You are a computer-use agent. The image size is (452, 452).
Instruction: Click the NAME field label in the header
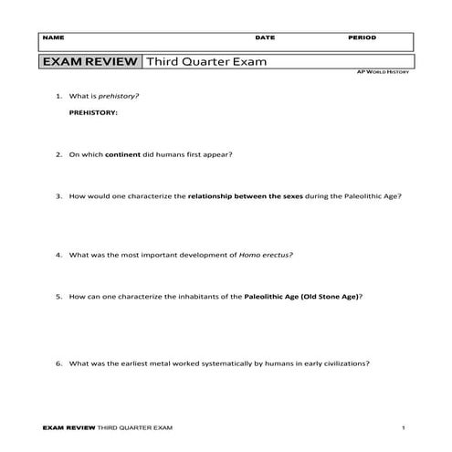click(x=53, y=38)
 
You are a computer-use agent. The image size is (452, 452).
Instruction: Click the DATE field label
click(x=265, y=38)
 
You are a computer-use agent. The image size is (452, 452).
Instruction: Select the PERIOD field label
click(x=362, y=38)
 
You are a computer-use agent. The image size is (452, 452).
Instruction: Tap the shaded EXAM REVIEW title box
click(x=89, y=61)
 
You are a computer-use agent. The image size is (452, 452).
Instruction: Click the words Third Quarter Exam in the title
click(x=198, y=61)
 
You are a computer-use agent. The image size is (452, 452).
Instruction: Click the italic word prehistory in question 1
click(x=123, y=95)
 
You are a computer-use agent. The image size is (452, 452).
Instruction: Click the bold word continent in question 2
click(x=123, y=153)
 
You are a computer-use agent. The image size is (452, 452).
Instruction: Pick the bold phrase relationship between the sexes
click(x=240, y=195)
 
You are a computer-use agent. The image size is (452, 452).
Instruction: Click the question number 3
click(x=58, y=195)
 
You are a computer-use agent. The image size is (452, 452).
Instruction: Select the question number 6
click(x=58, y=363)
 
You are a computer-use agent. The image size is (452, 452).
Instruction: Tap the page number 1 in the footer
click(x=403, y=427)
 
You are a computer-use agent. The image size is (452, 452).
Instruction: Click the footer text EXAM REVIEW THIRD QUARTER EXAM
click(x=108, y=427)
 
